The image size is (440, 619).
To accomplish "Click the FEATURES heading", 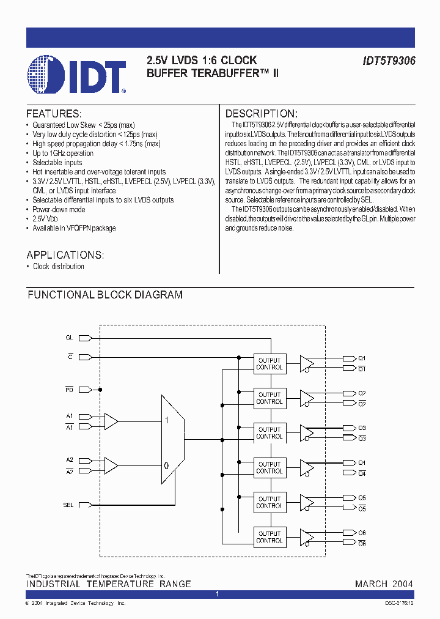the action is pos(54,114).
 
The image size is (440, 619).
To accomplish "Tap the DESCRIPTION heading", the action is pos(262,114).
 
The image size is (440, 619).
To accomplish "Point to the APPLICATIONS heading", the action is pos(65,255).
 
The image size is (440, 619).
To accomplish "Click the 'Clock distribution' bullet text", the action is pos(59,267).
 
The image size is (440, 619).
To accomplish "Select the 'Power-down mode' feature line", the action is pos(59,209).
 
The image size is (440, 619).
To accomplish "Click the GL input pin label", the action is pos(69,338).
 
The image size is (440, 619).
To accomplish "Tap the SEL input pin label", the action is pos(68,505).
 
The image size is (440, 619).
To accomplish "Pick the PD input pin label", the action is pos(69,389).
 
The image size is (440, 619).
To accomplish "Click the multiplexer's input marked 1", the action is pos(166,421).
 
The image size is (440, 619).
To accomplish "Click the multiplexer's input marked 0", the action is pos(166,465).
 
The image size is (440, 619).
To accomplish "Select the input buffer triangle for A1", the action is pos(111,421).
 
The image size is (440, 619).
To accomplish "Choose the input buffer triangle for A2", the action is pos(111,465).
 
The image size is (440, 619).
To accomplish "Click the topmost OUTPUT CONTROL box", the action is pos(269,364).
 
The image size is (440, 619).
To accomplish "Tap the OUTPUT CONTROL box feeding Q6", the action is pos(269,537).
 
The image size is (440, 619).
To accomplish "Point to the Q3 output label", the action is pos(362,428).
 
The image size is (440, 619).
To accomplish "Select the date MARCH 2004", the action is pos(384,584).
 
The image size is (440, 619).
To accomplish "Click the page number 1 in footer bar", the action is pos(217,594).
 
